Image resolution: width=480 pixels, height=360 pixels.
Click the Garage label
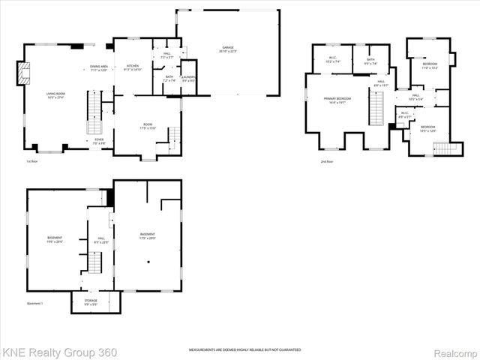point(228,50)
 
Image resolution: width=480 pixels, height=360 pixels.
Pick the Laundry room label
point(188,79)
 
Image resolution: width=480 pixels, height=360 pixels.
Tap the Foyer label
point(99,141)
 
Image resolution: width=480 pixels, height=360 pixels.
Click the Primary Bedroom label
point(338,100)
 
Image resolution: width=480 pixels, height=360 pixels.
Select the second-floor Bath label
point(370,62)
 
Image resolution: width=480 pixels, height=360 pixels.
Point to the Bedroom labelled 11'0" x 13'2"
point(430,66)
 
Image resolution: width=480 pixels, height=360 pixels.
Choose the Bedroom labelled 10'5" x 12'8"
point(427,129)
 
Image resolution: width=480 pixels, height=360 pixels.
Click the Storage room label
point(91,302)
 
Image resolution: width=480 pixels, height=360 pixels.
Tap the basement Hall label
point(101,241)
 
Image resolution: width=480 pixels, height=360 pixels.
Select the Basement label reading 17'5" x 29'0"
point(148,236)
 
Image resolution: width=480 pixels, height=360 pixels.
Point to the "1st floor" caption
point(31,160)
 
